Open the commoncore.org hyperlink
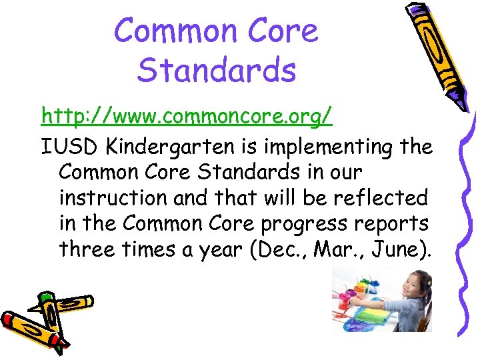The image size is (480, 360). (x=186, y=117)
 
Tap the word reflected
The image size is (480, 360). (x=393, y=197)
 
